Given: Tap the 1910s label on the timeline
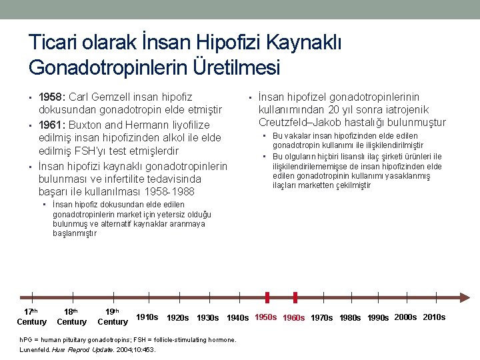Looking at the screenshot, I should click(x=147, y=317).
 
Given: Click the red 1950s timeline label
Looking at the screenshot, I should click(x=266, y=317).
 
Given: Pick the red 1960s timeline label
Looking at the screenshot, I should click(x=294, y=318).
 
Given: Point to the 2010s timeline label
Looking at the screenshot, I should click(x=434, y=317).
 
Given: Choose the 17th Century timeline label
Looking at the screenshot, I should click(x=31, y=317).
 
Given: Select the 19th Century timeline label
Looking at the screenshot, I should click(x=113, y=317).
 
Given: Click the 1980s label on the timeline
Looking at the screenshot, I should click(x=350, y=318).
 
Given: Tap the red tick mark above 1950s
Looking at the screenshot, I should click(x=267, y=297).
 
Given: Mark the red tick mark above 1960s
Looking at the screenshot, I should click(x=295, y=297).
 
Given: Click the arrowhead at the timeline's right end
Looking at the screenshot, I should click(x=467, y=298).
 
